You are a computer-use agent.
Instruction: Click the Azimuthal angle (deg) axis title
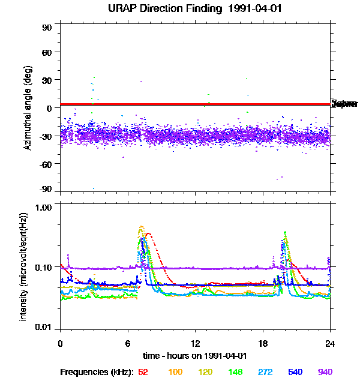pos(28,108)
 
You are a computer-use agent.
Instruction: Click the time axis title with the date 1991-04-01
pos(195,355)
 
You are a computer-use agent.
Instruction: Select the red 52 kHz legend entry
pos(143,372)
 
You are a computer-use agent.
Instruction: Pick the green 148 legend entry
pos(235,372)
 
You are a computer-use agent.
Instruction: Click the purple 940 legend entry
pos(325,372)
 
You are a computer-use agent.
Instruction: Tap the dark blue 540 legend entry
pos(295,372)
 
